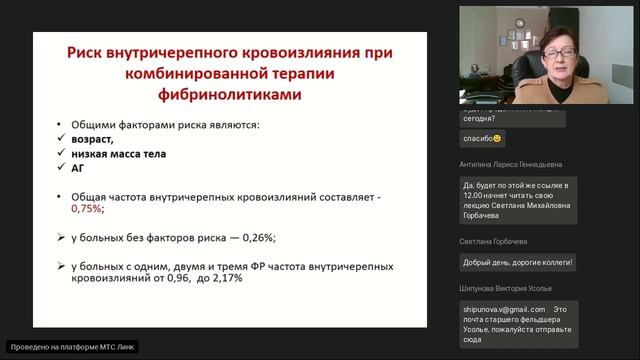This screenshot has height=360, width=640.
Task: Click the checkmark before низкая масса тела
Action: coord(62,155)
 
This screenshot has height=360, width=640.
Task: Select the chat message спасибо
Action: coord(481,138)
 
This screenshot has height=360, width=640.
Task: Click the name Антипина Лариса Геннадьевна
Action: coord(512,164)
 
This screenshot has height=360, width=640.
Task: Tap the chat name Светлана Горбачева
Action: coord(494,242)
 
